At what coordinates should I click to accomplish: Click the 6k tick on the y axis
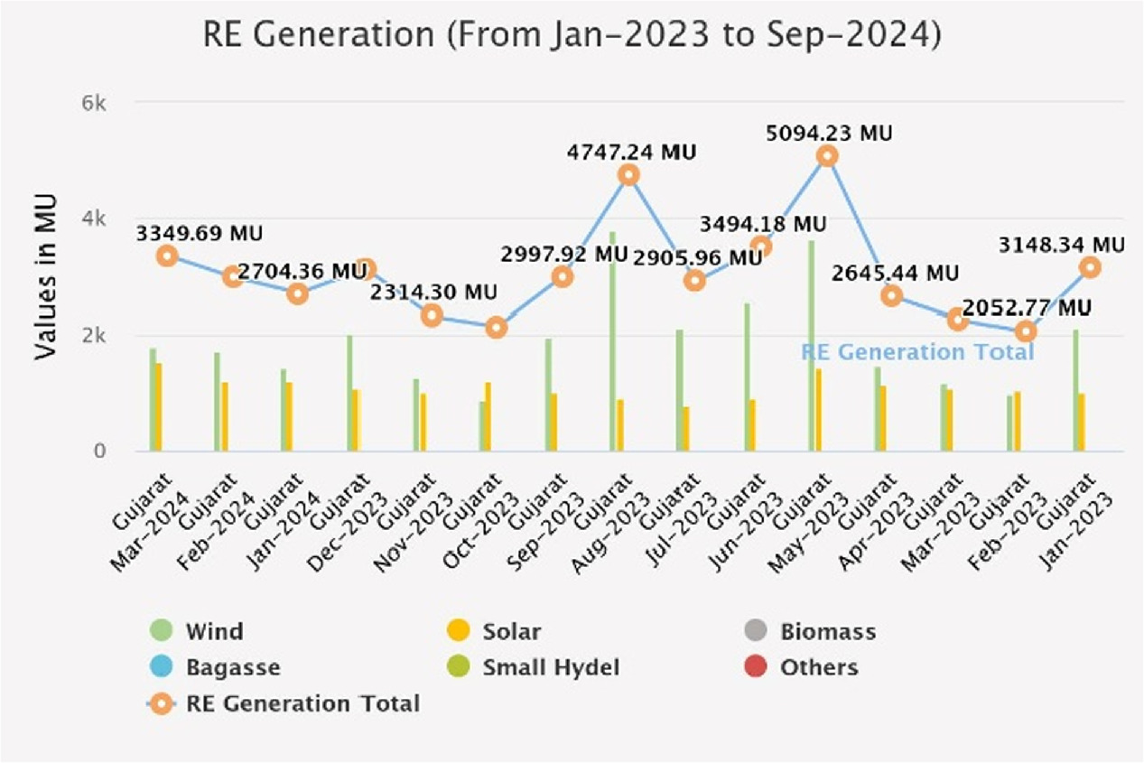tap(94, 104)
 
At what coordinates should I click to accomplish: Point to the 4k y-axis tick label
tap(94, 219)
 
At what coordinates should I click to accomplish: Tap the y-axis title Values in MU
tap(45, 277)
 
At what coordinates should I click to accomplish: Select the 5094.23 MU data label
tap(829, 134)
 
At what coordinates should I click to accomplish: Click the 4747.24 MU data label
tap(632, 153)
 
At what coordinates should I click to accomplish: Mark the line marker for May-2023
tap(827, 156)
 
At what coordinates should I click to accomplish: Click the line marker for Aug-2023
tap(628, 175)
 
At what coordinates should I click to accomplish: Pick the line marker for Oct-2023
tap(497, 328)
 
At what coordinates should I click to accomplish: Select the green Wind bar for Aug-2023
tap(613, 341)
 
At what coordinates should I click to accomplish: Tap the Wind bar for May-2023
tap(812, 346)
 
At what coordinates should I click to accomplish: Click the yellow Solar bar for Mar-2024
tap(159, 407)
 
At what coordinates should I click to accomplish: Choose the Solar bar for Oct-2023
tap(488, 417)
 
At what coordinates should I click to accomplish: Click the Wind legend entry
tap(197, 631)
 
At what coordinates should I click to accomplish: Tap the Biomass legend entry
tap(811, 631)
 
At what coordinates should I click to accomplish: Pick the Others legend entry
tap(801, 667)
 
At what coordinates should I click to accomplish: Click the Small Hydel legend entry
tap(534, 667)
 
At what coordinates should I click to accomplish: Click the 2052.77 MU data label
tap(1027, 307)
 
